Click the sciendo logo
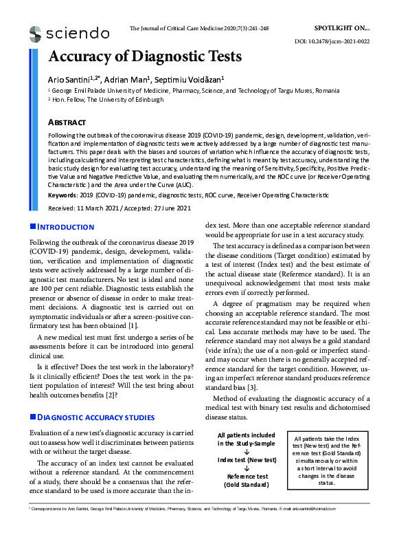coord(69,33)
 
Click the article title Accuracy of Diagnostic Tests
coord(145,56)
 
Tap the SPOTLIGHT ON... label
coord(341,28)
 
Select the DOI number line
coord(332,41)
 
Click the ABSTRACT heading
coord(66,122)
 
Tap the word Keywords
coord(63,195)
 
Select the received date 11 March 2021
coord(100,208)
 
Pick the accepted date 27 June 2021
coord(170,208)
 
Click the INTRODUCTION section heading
coord(65,227)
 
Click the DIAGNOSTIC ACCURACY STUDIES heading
coord(95,417)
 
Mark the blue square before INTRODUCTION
coord(32,226)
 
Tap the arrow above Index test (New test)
coord(246,451)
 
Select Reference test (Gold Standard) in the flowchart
coord(246,481)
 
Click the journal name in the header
coord(199,29)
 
